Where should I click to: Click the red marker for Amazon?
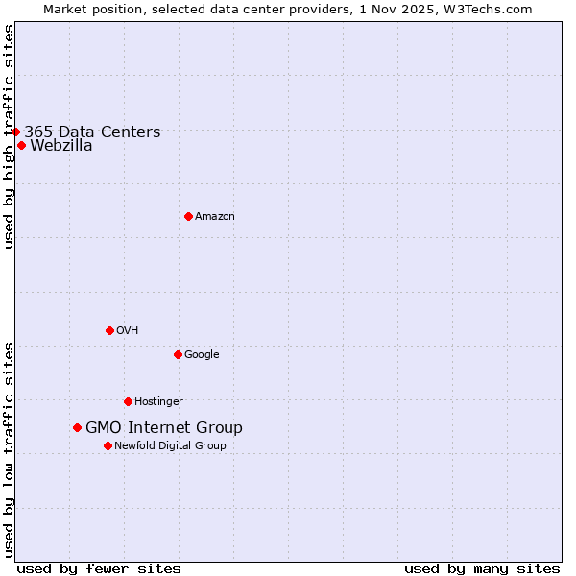coord(188,216)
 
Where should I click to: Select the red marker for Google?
coord(178,354)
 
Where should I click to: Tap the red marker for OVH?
coord(109,330)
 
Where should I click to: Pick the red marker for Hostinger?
coord(128,401)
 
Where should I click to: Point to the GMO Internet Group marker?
coord(77,427)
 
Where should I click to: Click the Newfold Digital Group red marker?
coord(108,445)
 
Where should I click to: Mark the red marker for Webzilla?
coord(21,146)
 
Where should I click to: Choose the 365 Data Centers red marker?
coord(15,132)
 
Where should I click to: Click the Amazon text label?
coord(215,217)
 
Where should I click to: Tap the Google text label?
coord(202,355)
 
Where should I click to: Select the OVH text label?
coord(128,331)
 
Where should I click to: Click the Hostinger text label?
coord(158,402)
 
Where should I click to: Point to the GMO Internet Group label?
coord(164,428)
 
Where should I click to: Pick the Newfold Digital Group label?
coord(170,446)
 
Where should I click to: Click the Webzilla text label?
coord(61,146)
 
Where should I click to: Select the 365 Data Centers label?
coord(92,132)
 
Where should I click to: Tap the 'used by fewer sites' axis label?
coord(99,568)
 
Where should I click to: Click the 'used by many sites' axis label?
coord(482,568)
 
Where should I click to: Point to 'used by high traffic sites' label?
coord(9,137)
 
